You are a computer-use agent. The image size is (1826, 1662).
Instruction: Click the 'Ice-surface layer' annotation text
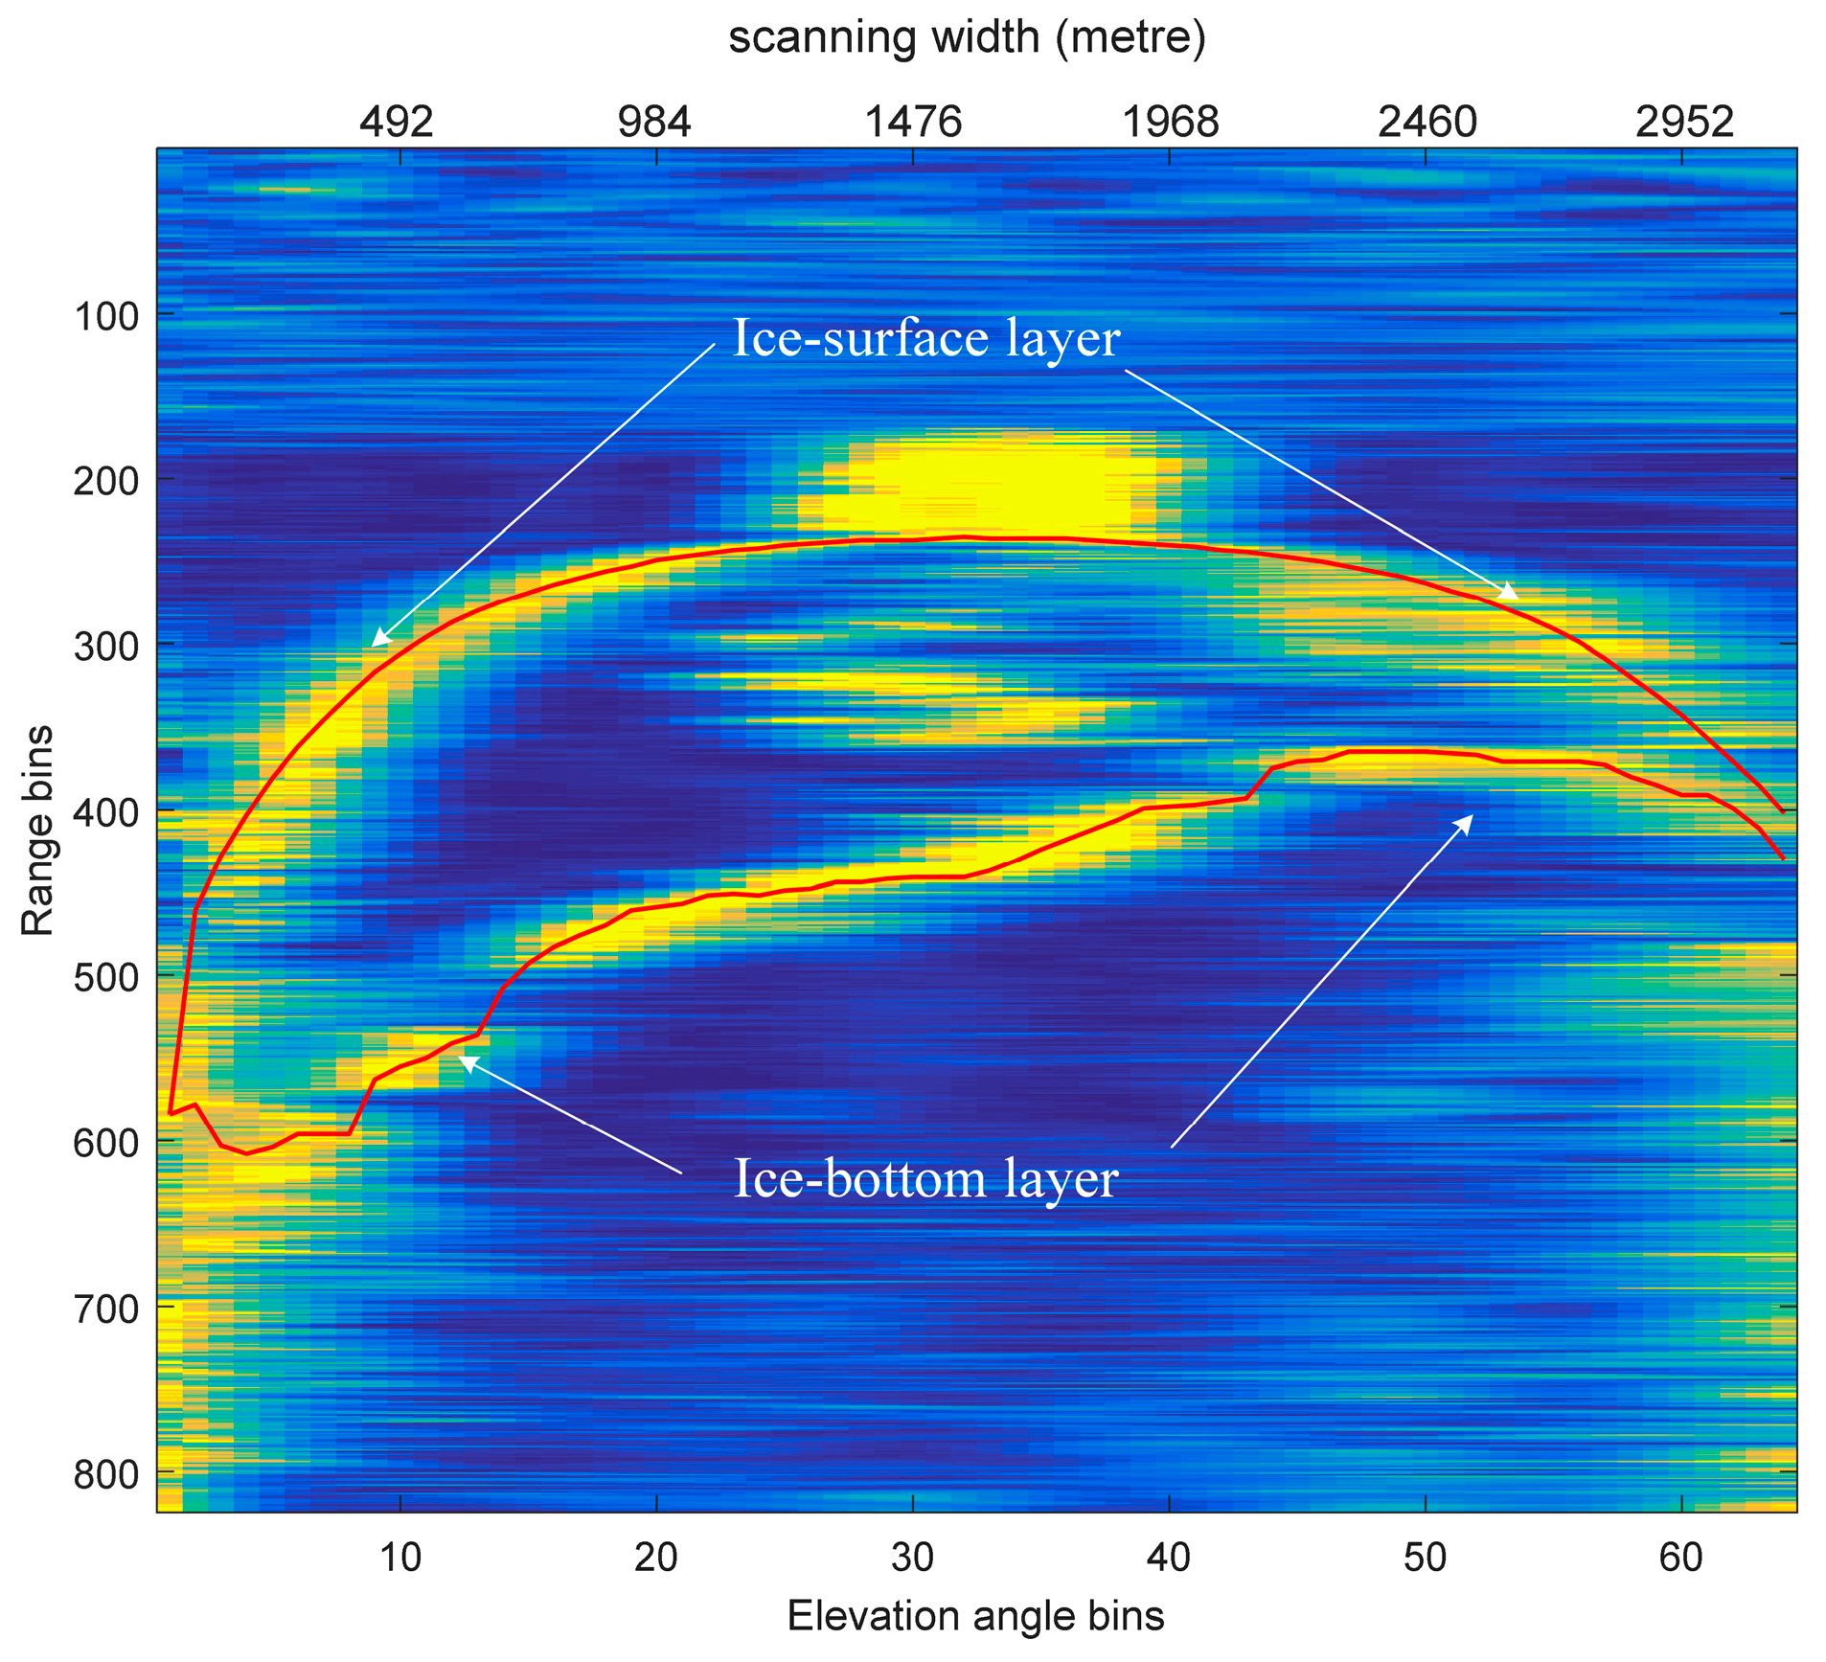[925, 338]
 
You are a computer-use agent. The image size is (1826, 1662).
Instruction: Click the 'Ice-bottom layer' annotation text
[925, 1179]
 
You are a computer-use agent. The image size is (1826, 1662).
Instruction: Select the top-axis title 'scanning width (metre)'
[967, 37]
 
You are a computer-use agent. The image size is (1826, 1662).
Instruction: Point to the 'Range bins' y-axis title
[38, 831]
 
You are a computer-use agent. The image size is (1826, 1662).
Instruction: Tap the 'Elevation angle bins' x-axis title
[975, 1615]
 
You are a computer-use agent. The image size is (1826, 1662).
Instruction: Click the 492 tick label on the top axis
[397, 122]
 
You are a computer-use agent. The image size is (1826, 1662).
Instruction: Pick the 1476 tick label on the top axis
[912, 122]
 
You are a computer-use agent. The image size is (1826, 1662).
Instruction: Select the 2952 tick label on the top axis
[1684, 122]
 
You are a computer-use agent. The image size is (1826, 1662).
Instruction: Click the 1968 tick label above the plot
[1170, 122]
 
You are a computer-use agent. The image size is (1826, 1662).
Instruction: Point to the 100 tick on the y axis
[105, 315]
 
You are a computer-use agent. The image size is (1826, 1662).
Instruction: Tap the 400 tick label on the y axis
[105, 811]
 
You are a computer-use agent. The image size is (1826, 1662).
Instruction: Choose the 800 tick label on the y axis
[105, 1474]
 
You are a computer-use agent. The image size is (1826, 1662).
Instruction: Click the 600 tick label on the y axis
[105, 1143]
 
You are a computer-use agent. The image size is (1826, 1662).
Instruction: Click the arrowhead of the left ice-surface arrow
[377, 642]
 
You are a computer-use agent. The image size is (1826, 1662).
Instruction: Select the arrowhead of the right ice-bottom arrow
[1468, 819]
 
